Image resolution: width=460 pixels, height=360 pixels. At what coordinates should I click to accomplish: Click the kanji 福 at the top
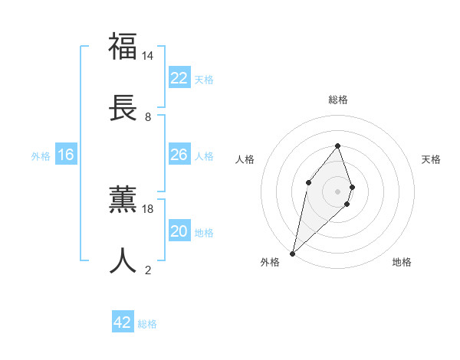[x=123, y=46]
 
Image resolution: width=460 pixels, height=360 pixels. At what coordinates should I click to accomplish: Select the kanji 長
[x=123, y=106]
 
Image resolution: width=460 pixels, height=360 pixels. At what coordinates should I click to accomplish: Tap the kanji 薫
[x=123, y=198]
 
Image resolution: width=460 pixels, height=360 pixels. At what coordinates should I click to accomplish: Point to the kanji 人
[x=123, y=260]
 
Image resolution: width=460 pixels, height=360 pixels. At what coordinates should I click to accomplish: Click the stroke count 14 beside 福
[x=147, y=56]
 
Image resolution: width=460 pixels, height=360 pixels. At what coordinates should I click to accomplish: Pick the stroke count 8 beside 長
[x=147, y=116]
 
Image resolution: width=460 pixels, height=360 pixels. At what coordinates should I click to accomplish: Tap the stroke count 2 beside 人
[x=147, y=270]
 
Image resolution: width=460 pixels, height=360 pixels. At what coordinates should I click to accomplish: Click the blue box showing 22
[x=179, y=78]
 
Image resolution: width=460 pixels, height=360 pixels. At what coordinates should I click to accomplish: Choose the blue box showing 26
[x=179, y=155]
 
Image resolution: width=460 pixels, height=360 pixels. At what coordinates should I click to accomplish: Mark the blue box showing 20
[x=179, y=231]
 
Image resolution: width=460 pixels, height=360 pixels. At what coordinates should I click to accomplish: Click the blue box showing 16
[x=66, y=155]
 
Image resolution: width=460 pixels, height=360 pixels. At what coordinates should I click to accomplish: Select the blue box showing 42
[x=123, y=322]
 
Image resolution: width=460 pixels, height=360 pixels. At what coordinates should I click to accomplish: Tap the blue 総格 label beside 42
[x=147, y=324]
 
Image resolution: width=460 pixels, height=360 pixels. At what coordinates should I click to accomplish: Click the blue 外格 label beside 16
[x=41, y=156]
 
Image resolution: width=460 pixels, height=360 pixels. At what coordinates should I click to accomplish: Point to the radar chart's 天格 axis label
[x=431, y=159]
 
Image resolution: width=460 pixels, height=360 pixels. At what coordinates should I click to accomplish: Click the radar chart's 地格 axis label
[x=402, y=262]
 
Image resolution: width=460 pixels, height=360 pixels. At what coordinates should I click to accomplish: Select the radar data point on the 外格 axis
[x=292, y=254]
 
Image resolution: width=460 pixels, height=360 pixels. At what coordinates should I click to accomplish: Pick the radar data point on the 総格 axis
[x=337, y=146]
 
